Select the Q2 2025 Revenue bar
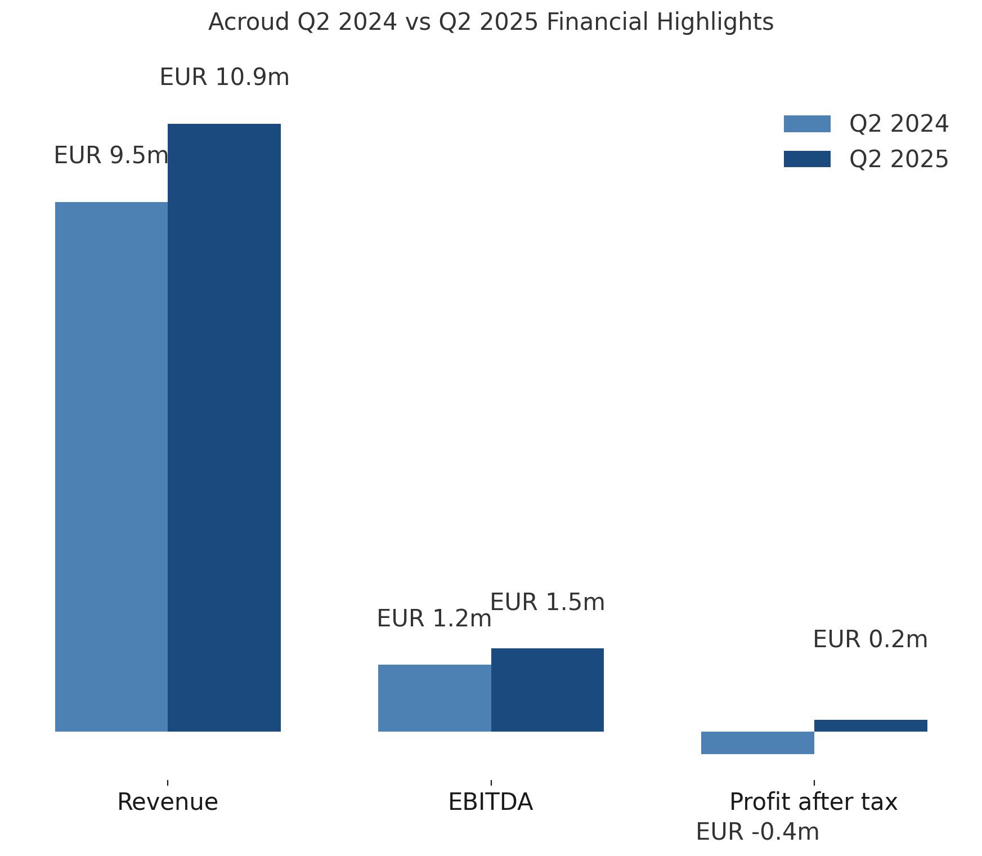224,427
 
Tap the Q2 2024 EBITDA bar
434,698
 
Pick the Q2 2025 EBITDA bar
547,689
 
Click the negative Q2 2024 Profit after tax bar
757,742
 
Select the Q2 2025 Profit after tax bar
870,725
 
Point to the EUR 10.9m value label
225,78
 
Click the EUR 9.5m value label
111,156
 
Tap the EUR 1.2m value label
434,619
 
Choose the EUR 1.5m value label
547,603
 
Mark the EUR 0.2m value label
870,640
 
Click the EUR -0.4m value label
757,832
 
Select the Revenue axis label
168,802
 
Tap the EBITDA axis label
491,802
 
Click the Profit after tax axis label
814,802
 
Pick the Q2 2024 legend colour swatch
807,124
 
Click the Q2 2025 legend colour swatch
807,159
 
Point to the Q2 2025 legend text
899,160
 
